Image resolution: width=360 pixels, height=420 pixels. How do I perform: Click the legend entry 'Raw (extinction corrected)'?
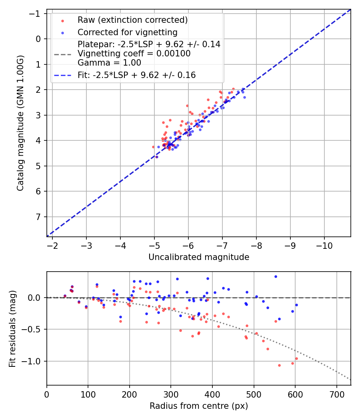pyautogui.click(x=132, y=20)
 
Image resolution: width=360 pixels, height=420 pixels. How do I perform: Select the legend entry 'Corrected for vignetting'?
pyautogui.click(x=128, y=32)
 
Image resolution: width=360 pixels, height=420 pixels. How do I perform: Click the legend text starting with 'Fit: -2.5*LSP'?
pyautogui.click(x=136, y=75)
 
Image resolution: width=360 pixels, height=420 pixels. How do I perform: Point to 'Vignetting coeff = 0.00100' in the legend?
pyautogui.click(x=134, y=54)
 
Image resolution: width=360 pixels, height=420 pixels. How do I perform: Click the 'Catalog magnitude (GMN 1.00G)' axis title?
pyautogui.click(x=20, y=123)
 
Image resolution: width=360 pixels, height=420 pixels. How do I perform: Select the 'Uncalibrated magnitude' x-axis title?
pyautogui.click(x=199, y=257)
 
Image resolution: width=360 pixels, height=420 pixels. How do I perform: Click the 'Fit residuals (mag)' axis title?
pyautogui.click(x=12, y=328)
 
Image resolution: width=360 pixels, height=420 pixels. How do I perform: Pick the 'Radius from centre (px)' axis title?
pyautogui.click(x=199, y=406)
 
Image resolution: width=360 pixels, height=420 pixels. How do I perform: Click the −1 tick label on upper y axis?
pyautogui.click(x=36, y=14)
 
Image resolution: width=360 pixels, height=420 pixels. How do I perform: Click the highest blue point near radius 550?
pyautogui.click(x=276, y=276)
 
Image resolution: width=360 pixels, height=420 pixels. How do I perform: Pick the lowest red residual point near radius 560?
pyautogui.click(x=279, y=365)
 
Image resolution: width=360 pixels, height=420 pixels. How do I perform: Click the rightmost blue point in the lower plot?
pyautogui.click(x=296, y=305)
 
